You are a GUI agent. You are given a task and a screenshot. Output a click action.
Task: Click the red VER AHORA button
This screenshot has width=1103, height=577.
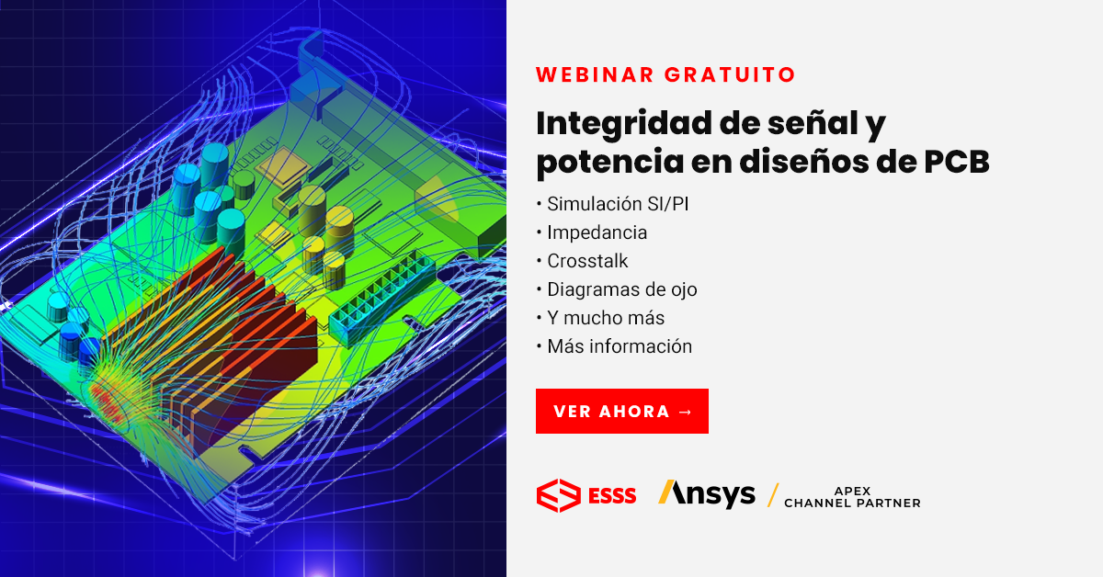click(621, 411)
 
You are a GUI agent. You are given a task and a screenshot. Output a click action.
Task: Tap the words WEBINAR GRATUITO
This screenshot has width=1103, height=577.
click(665, 74)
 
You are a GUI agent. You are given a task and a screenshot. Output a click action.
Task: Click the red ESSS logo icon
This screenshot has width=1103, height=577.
click(557, 495)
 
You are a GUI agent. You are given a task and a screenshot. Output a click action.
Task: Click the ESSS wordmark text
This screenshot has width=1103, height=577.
click(611, 496)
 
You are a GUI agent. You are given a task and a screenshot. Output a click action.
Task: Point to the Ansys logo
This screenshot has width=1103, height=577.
click(707, 493)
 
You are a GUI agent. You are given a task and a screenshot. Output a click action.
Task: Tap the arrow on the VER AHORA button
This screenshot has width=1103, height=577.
click(684, 411)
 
